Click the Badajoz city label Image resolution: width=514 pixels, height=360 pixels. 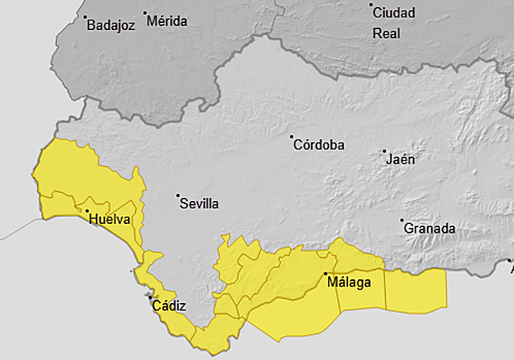(x=111, y=25)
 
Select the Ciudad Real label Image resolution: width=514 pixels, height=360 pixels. (x=393, y=23)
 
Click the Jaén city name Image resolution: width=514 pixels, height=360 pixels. (x=400, y=159)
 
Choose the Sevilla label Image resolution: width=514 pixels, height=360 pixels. (x=199, y=203)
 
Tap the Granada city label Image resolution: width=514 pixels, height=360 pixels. (x=429, y=229)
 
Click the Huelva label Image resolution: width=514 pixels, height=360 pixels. (x=110, y=219)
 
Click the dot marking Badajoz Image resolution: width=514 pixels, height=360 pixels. (x=85, y=17)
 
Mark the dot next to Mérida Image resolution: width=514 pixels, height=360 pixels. (x=146, y=13)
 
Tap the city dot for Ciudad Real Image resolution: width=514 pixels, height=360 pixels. (x=371, y=5)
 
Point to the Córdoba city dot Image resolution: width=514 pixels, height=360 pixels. (x=291, y=136)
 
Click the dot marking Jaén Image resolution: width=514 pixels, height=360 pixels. (x=384, y=151)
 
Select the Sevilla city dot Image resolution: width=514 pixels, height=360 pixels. (x=179, y=195)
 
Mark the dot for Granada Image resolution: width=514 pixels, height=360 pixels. (x=402, y=220)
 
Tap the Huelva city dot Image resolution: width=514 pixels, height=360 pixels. (x=87, y=210)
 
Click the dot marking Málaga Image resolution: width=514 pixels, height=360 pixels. (x=324, y=274)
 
